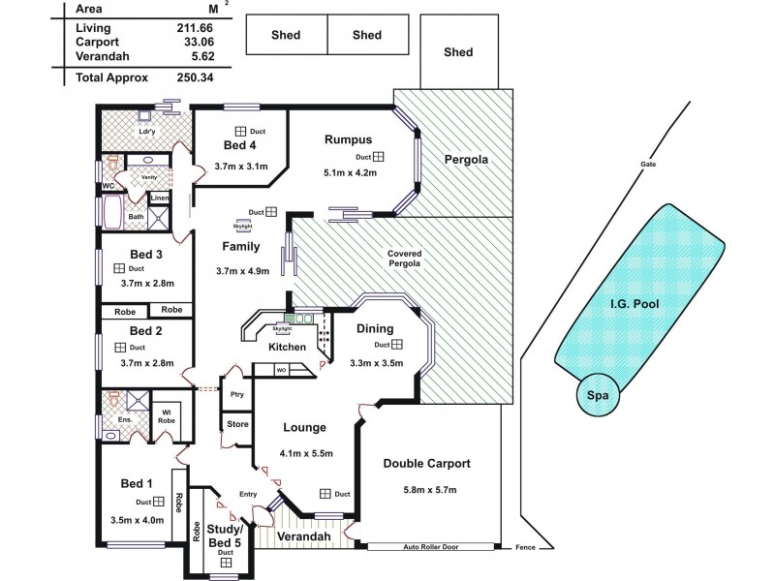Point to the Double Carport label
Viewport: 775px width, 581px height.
(427, 464)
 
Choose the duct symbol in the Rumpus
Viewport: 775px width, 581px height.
(379, 157)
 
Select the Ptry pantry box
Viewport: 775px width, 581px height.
(236, 395)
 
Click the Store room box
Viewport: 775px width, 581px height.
(237, 425)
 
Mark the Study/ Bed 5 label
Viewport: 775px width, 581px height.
(226, 535)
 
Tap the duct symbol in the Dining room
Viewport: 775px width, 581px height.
(397, 344)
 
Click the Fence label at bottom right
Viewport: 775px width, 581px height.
(525, 548)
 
